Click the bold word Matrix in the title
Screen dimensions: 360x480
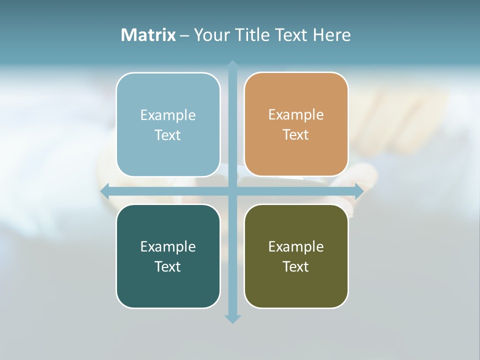148,35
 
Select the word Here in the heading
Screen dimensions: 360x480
331,35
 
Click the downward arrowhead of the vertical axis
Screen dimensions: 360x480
232,318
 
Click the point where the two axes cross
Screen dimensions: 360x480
232,191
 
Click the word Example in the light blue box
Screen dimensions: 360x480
168,115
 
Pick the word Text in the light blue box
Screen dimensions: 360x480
168,135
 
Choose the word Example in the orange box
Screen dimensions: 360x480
296,115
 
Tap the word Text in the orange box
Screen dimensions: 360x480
296,135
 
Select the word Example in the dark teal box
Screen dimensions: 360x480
168,247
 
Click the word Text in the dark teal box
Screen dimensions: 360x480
168,267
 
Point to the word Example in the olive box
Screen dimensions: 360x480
296,247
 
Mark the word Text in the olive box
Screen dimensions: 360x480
296,267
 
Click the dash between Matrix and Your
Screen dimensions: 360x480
184,35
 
